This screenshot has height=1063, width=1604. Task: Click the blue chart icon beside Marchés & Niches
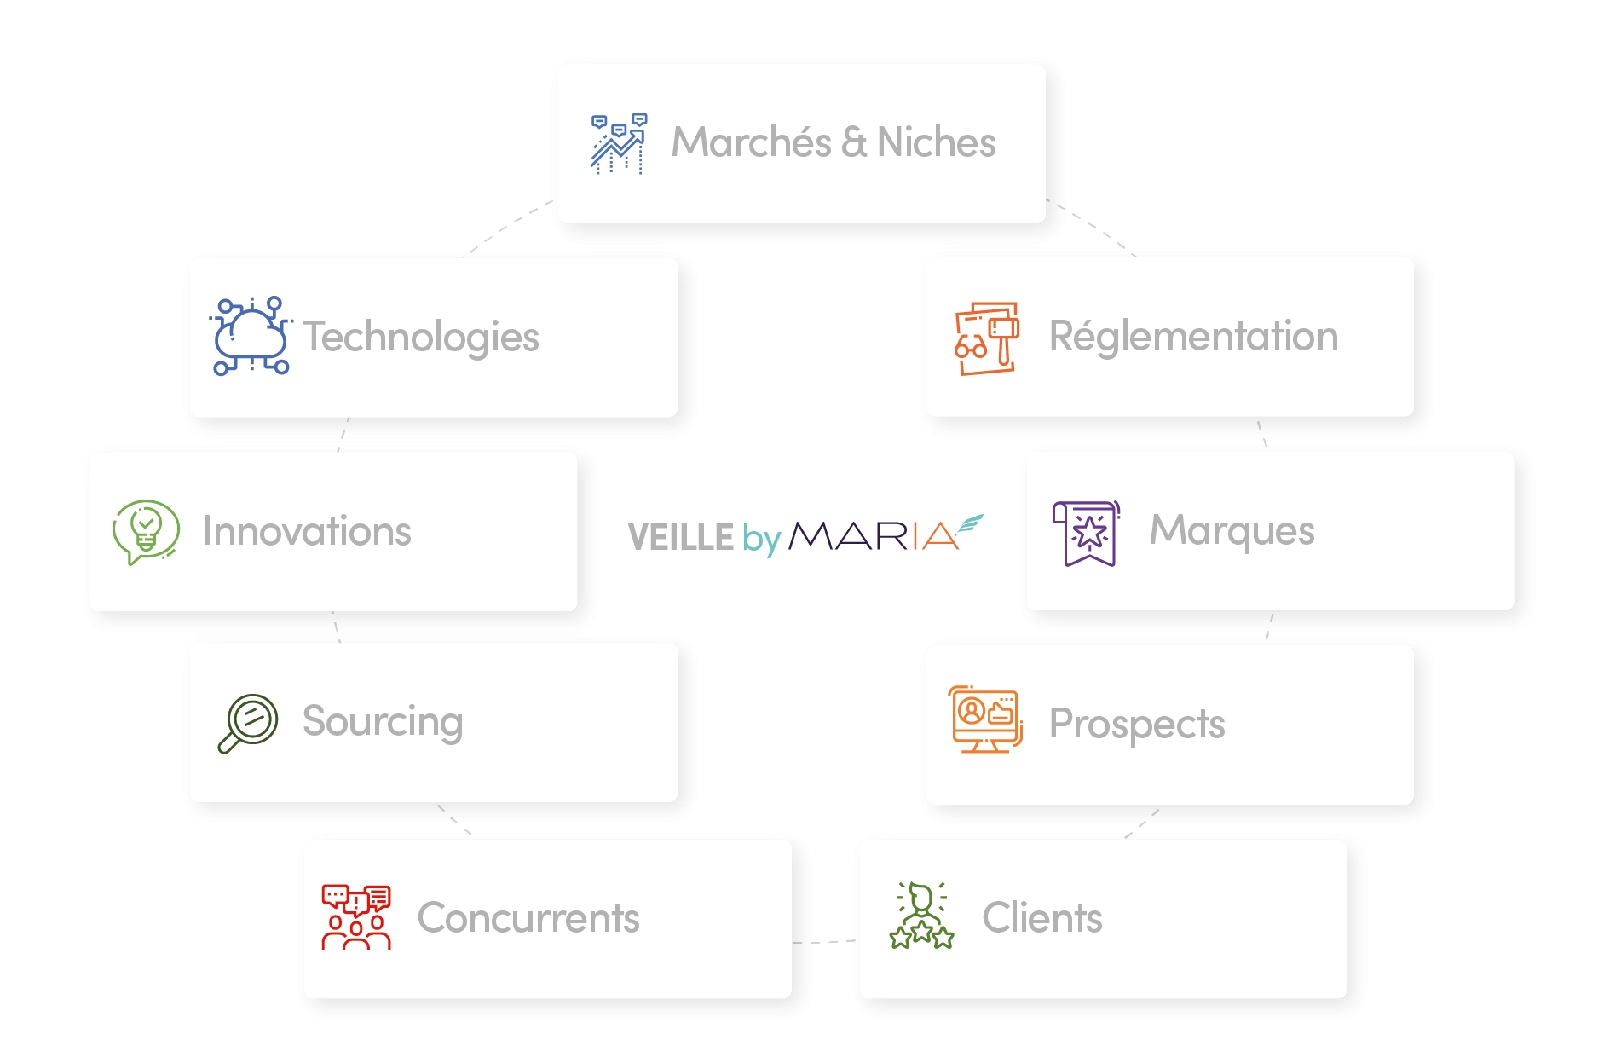tap(619, 143)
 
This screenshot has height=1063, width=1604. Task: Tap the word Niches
tap(936, 142)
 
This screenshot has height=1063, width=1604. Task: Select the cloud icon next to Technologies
tap(251, 336)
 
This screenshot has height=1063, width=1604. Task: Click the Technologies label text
tap(421, 337)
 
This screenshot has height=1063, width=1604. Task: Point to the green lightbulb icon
tap(146, 531)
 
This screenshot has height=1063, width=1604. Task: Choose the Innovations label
tap(307, 531)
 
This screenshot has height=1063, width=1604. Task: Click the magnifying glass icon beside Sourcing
tap(248, 723)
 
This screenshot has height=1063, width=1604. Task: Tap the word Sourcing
tap(383, 722)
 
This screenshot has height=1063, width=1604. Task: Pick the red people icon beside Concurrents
tap(356, 917)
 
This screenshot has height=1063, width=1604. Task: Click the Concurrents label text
tap(528, 918)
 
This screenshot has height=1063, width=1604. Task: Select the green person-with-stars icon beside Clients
tap(921, 916)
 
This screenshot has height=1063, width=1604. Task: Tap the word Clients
tap(1041, 918)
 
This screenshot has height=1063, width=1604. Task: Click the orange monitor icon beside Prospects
tap(985, 719)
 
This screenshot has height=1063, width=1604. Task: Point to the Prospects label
tap(1137, 724)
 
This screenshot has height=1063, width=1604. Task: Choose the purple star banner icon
tap(1087, 533)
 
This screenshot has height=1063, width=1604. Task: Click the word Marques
tap(1232, 530)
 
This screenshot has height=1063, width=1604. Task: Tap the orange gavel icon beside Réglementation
tap(987, 338)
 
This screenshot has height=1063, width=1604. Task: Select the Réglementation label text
tap(1193, 336)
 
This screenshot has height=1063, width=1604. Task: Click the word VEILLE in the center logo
tap(680, 537)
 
